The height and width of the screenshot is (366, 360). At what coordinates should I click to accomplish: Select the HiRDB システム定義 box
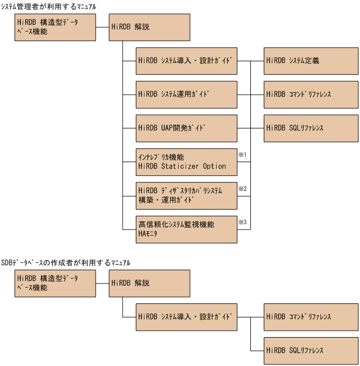tap(311, 60)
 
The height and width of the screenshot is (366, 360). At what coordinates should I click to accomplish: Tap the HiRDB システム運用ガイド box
tap(186, 94)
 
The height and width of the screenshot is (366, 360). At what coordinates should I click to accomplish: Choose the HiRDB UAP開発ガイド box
tap(186, 128)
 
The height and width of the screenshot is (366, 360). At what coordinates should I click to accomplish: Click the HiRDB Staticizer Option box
tap(186, 162)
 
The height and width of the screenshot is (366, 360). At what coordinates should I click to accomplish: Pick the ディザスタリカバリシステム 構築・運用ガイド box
tap(186, 195)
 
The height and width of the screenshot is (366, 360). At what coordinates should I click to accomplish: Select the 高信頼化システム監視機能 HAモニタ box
tap(186, 229)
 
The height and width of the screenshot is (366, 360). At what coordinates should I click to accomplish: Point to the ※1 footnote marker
tap(242, 155)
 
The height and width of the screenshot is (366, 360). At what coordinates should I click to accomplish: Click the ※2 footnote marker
tap(242, 188)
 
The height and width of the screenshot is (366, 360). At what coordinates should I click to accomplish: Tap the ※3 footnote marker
tap(242, 222)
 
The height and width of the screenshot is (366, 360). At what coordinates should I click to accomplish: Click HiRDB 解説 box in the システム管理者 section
tap(149, 27)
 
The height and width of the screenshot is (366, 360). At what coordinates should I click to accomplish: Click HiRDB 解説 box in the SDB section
tap(149, 283)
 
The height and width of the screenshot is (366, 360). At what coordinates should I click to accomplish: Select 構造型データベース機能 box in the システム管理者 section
tap(55, 27)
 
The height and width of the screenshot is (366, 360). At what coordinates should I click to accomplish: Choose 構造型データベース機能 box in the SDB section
tap(55, 283)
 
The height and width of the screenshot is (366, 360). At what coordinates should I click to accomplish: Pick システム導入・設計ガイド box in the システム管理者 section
tap(186, 60)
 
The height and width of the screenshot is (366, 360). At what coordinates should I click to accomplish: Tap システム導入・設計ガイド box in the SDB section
tap(186, 317)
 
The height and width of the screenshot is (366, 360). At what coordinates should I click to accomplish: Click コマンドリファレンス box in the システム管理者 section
tap(311, 94)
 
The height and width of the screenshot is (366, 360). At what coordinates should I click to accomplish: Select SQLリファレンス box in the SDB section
tap(311, 350)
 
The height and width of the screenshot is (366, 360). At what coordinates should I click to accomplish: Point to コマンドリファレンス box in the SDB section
tap(311, 317)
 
